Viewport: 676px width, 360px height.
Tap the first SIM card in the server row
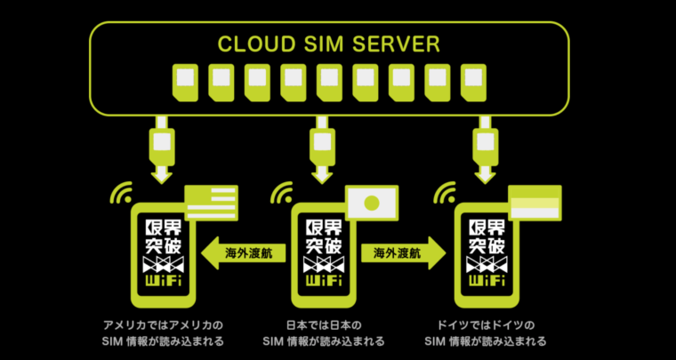pyautogui.click(x=186, y=79)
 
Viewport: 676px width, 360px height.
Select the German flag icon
pyautogui.click(x=535, y=204)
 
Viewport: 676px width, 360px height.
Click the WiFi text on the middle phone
pyautogui.click(x=323, y=282)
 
